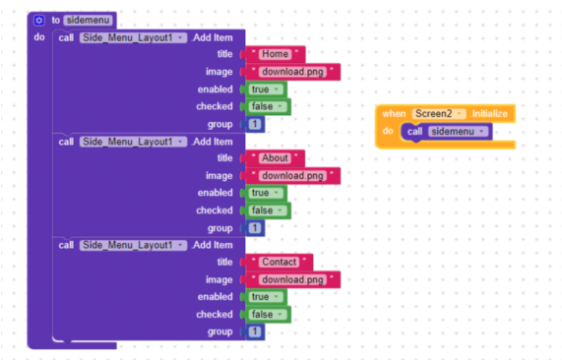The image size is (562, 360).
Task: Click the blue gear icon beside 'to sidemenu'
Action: click(x=38, y=20)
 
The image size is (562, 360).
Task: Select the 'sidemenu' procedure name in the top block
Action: click(x=88, y=20)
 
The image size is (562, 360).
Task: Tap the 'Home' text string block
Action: click(x=276, y=54)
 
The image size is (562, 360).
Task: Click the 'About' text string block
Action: click(x=275, y=158)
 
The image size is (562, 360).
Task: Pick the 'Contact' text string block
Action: click(x=280, y=262)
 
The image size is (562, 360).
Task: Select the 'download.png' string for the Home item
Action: click(x=293, y=72)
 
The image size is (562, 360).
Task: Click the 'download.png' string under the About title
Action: click(x=293, y=176)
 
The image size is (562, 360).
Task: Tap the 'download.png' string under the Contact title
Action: click(x=293, y=279)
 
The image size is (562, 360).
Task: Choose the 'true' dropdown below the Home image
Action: click(x=266, y=90)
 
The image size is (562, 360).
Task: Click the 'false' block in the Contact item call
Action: click(x=268, y=315)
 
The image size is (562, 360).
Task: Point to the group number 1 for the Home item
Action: click(x=255, y=124)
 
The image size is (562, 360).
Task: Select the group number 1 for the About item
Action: click(x=255, y=228)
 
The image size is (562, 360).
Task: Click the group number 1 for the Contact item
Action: click(x=255, y=331)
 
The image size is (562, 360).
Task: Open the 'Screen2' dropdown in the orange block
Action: click(x=439, y=114)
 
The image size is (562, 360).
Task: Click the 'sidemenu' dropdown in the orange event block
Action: click(x=458, y=132)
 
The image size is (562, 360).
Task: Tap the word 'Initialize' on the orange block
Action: click(x=489, y=114)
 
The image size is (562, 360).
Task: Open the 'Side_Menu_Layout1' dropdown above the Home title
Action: click(x=133, y=37)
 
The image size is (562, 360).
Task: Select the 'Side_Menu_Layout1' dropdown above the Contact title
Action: click(x=133, y=245)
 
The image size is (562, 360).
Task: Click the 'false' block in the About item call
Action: click(x=268, y=210)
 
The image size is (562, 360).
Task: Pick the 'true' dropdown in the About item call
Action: click(x=266, y=193)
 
